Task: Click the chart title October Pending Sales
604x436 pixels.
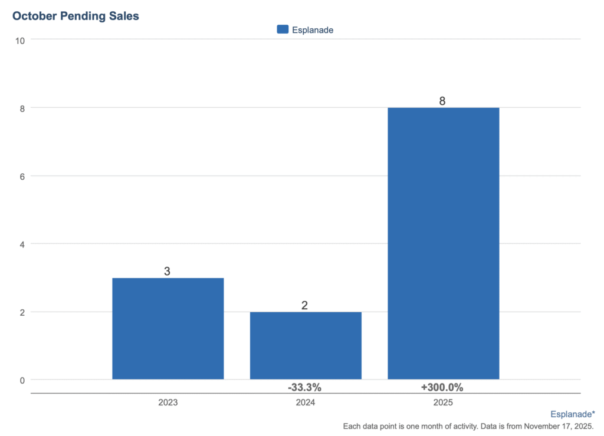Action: tap(75, 16)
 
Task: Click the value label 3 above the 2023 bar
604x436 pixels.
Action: tap(168, 272)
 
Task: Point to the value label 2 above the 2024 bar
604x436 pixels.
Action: tap(305, 305)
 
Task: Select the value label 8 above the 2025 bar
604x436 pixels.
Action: tap(442, 101)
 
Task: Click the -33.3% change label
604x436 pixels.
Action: tap(305, 388)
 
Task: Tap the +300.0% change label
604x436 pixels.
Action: tap(442, 388)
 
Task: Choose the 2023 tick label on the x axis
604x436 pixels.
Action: tap(168, 403)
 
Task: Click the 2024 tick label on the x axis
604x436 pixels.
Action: tap(305, 403)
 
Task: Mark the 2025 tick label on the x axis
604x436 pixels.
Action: tap(442, 403)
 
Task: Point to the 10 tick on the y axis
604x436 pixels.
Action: tap(19, 40)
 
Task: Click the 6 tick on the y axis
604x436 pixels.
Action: tap(22, 176)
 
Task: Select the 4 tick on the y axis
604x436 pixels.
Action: tap(22, 244)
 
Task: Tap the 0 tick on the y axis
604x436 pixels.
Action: tap(22, 380)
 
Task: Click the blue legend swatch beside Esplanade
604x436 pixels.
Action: tap(283, 29)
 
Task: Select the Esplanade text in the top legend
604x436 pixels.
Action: tap(313, 30)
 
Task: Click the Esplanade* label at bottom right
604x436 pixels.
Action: tap(572, 414)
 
